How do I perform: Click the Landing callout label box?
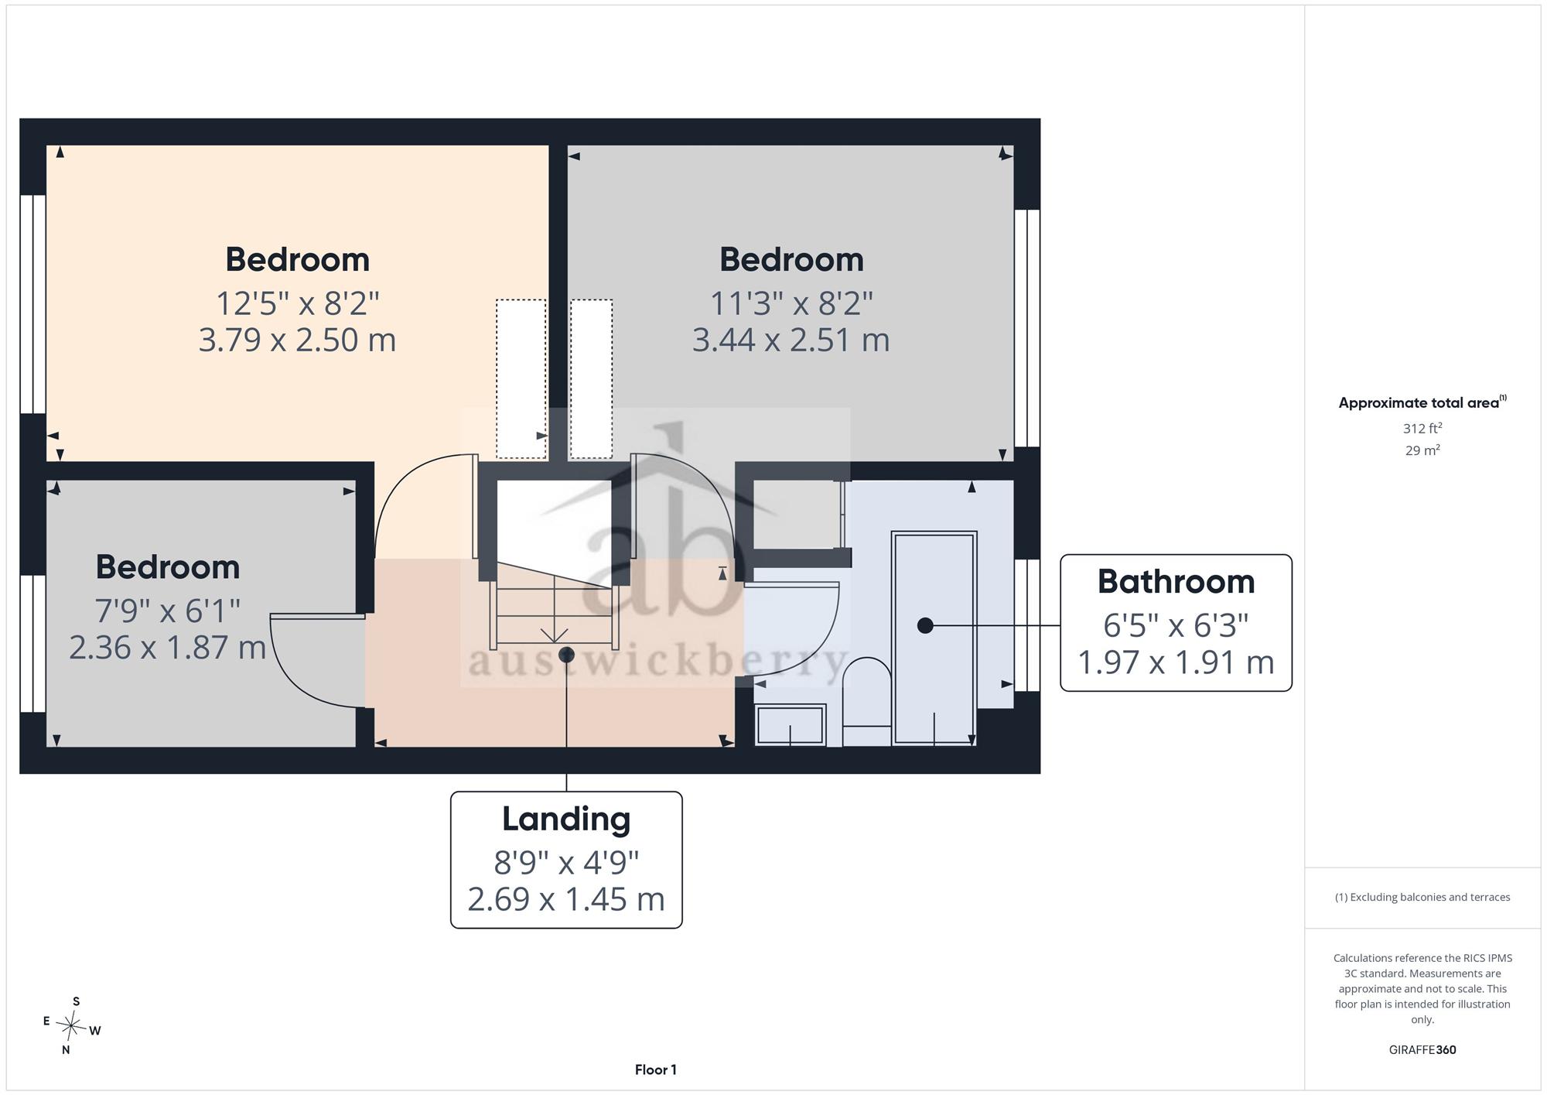pos(566,860)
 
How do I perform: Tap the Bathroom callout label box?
pos(1176,623)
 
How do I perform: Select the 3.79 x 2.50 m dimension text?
pos(297,340)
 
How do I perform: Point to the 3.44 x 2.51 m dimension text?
pos(791,340)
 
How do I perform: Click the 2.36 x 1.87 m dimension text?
pos(167,648)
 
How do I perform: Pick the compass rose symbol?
pos(72,1026)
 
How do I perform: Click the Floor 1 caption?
pos(655,1070)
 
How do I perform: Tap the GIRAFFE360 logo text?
pos(1422,1050)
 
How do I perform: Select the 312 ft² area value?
pos(1422,428)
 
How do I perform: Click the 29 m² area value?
pos(1422,450)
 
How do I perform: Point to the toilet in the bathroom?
pos(866,701)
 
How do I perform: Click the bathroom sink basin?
pos(790,725)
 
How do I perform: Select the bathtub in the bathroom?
pos(934,638)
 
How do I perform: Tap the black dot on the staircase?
pos(566,655)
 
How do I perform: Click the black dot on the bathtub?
pos(925,625)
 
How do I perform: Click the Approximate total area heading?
pos(1422,402)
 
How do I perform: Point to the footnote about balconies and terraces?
pos(1422,898)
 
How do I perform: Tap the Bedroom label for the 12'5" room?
pos(297,259)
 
